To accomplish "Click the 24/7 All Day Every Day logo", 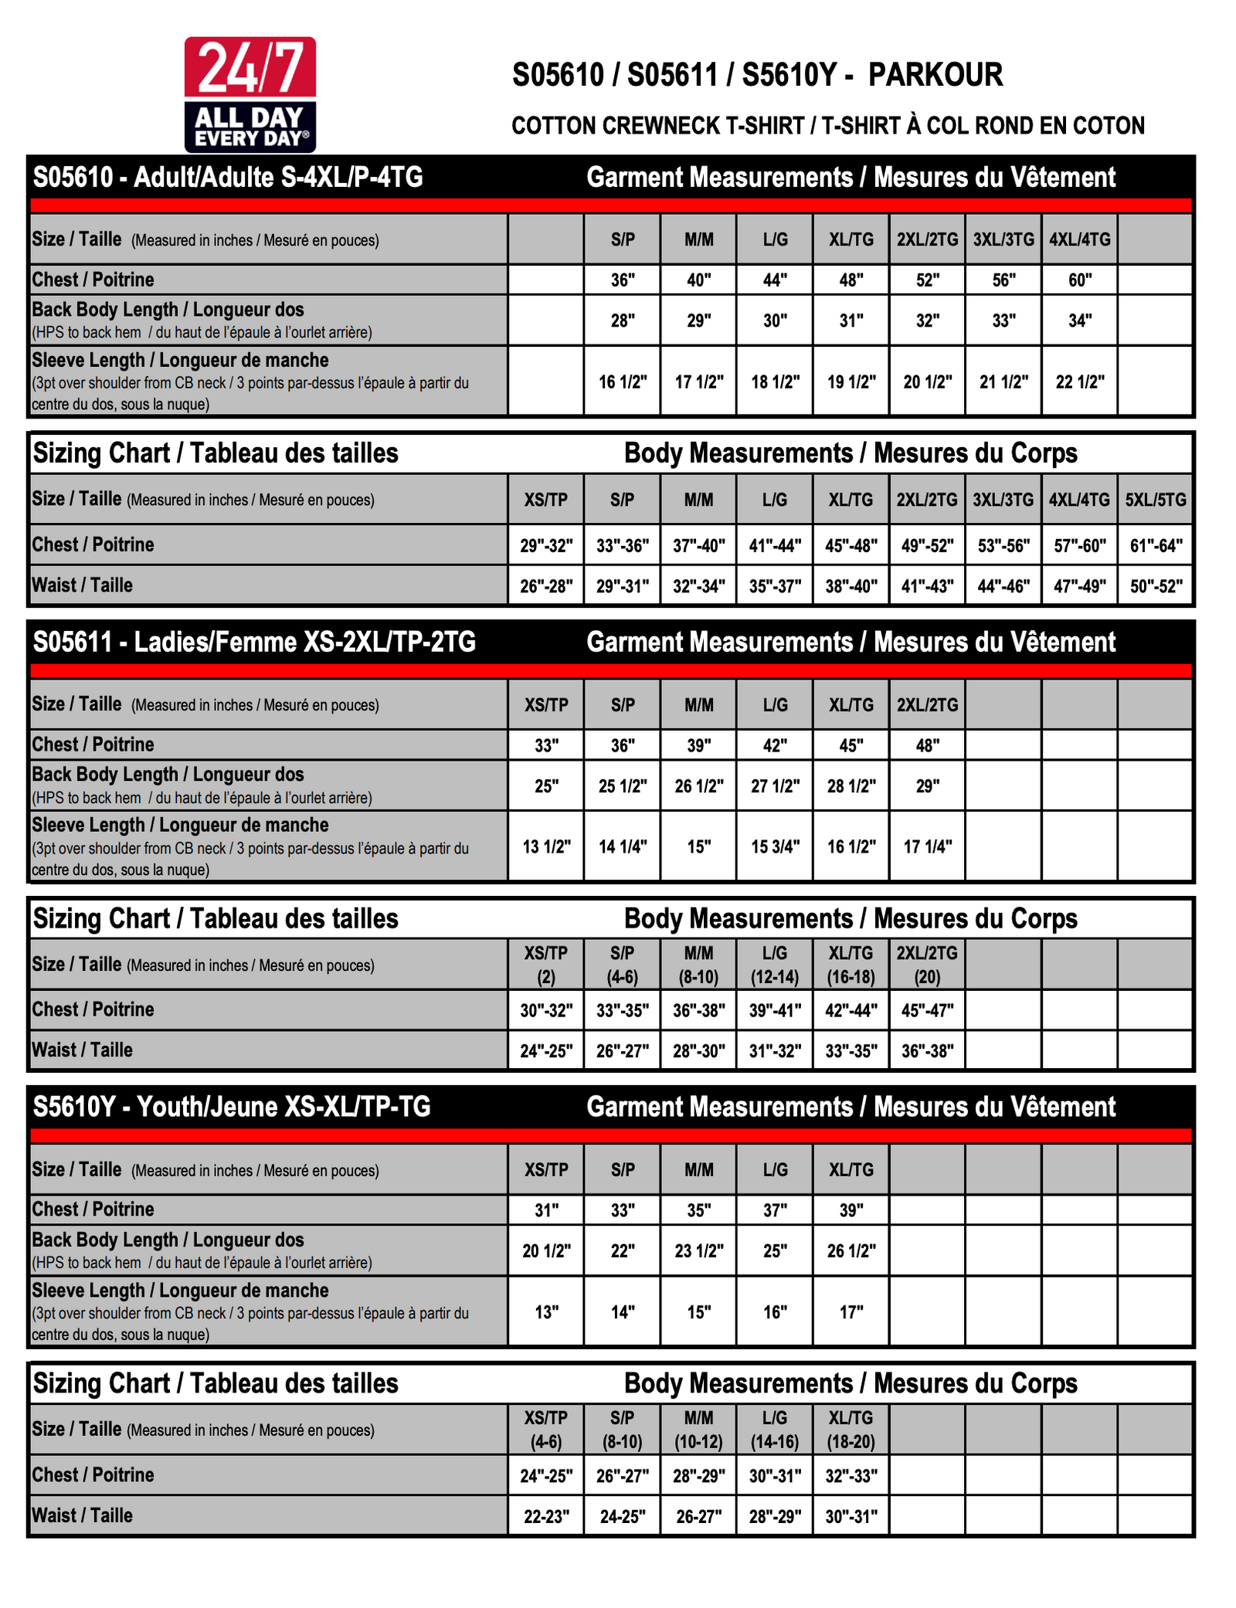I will click(250, 94).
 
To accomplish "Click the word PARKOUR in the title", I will click(935, 75).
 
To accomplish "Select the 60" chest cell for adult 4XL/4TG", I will click(1079, 280).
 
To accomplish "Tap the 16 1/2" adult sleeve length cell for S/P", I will click(623, 382).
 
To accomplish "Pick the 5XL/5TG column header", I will click(1155, 500).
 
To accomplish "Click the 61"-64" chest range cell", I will click(1156, 546).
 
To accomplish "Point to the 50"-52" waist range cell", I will click(1156, 586).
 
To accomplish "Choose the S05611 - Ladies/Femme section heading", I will click(254, 643).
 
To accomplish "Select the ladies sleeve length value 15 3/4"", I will click(775, 846).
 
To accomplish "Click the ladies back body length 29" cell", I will click(927, 786).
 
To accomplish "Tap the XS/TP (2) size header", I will click(546, 965).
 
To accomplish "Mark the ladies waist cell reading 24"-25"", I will click(546, 1051).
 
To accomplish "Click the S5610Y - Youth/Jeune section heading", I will click(232, 1108).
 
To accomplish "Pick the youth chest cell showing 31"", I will click(546, 1210).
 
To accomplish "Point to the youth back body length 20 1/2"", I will click(546, 1251).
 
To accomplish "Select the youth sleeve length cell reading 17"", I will click(851, 1312).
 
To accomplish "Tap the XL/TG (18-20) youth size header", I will click(851, 1430).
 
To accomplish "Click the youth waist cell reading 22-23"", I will click(546, 1517).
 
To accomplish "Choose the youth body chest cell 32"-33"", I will click(851, 1476).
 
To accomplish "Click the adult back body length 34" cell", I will click(1079, 321).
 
